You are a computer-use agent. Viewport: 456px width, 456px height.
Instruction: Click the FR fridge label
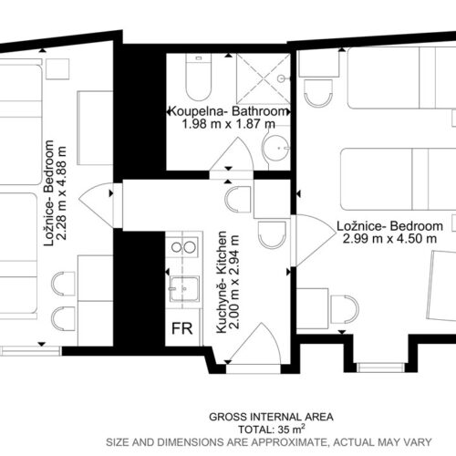(182, 328)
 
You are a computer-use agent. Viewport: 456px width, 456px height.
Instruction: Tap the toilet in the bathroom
(199, 78)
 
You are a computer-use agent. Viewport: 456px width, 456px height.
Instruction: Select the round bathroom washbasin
(276, 149)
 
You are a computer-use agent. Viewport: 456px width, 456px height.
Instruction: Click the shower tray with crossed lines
(264, 78)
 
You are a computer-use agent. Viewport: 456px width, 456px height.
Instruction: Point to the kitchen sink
(184, 289)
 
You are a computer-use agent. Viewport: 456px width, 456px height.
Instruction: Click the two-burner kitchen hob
(183, 247)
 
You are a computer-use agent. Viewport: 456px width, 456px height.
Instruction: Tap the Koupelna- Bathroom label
(228, 111)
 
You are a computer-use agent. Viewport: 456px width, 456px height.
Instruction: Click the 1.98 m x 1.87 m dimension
(229, 124)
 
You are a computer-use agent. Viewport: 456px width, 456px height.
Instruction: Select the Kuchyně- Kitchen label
(222, 282)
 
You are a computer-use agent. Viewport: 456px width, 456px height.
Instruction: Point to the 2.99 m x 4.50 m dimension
(389, 239)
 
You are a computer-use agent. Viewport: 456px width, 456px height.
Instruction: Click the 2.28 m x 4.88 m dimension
(61, 193)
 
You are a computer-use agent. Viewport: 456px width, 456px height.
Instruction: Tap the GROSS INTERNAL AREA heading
(271, 417)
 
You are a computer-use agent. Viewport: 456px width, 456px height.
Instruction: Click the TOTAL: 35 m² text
(271, 430)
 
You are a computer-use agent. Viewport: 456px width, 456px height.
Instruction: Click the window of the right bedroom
(380, 368)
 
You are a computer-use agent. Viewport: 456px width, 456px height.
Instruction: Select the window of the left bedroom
(30, 351)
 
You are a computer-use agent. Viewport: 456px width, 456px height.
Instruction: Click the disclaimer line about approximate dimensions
(269, 442)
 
